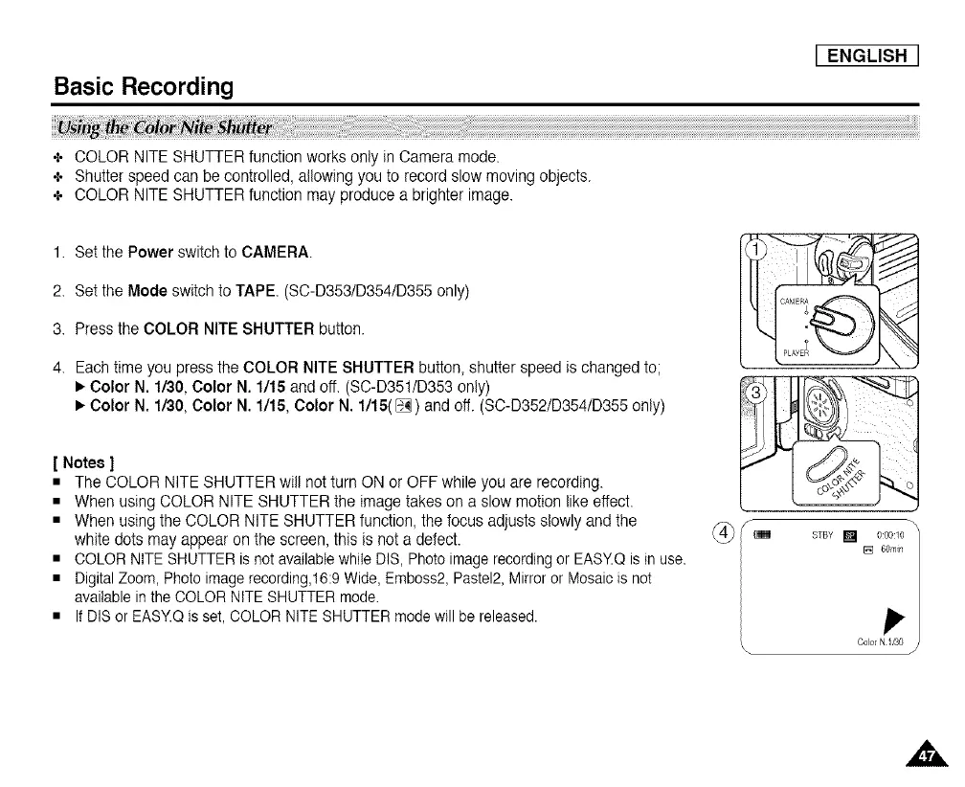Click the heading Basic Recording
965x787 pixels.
[x=144, y=87]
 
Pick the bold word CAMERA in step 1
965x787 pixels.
[x=277, y=253]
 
